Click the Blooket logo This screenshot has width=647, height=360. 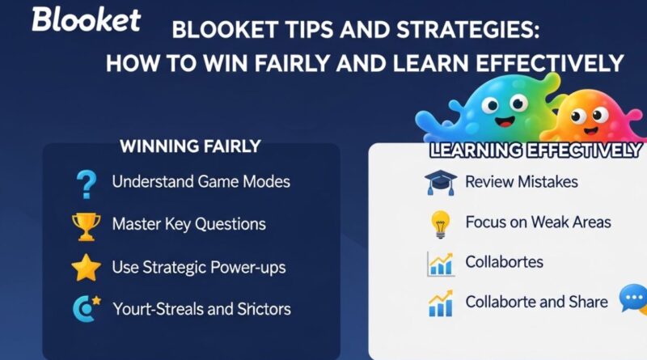[x=85, y=19]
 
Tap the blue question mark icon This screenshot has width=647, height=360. [x=84, y=184]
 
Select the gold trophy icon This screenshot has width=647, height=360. [x=86, y=226]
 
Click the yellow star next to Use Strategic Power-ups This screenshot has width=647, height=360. [x=86, y=267]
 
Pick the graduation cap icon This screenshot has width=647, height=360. [x=440, y=183]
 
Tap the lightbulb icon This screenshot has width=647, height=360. [x=440, y=223]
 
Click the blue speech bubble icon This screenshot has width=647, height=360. [x=633, y=299]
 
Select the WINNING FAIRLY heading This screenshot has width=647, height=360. [x=190, y=146]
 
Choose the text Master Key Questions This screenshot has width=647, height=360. [x=188, y=224]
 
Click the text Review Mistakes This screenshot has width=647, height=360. [x=521, y=181]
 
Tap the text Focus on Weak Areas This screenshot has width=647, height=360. [x=538, y=222]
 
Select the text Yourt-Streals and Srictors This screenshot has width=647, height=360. [x=201, y=308]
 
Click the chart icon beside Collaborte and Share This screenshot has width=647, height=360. [x=440, y=303]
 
